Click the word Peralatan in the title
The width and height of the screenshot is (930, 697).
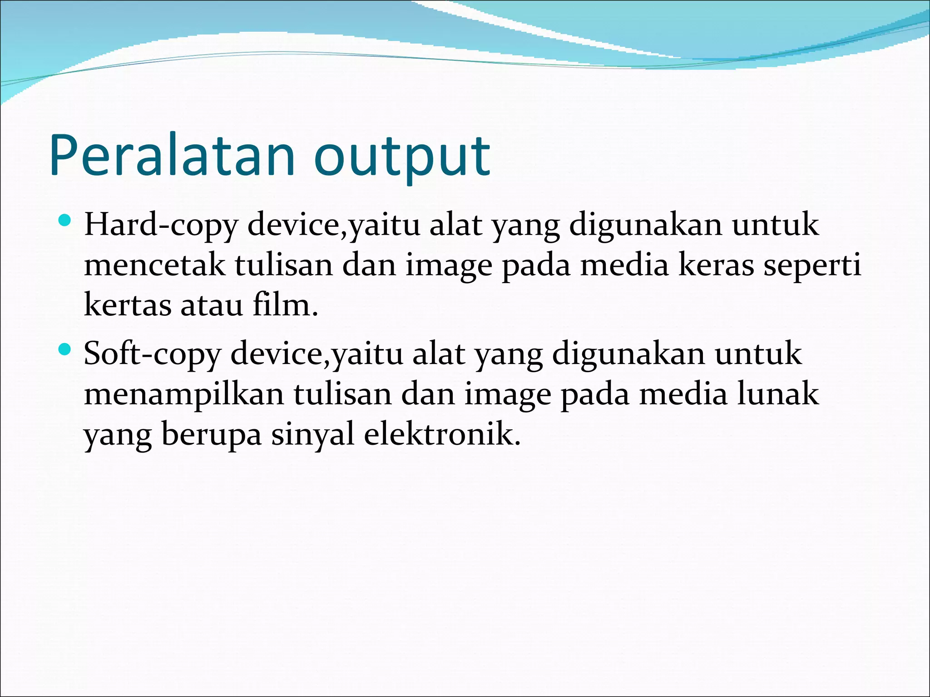(x=172, y=155)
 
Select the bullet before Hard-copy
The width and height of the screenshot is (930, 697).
(x=65, y=221)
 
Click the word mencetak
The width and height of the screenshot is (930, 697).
(x=154, y=265)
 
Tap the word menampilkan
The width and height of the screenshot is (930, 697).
(x=184, y=394)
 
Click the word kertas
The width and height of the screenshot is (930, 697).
(x=128, y=305)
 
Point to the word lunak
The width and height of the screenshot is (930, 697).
(x=778, y=394)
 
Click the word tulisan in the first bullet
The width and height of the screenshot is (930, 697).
(x=284, y=265)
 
